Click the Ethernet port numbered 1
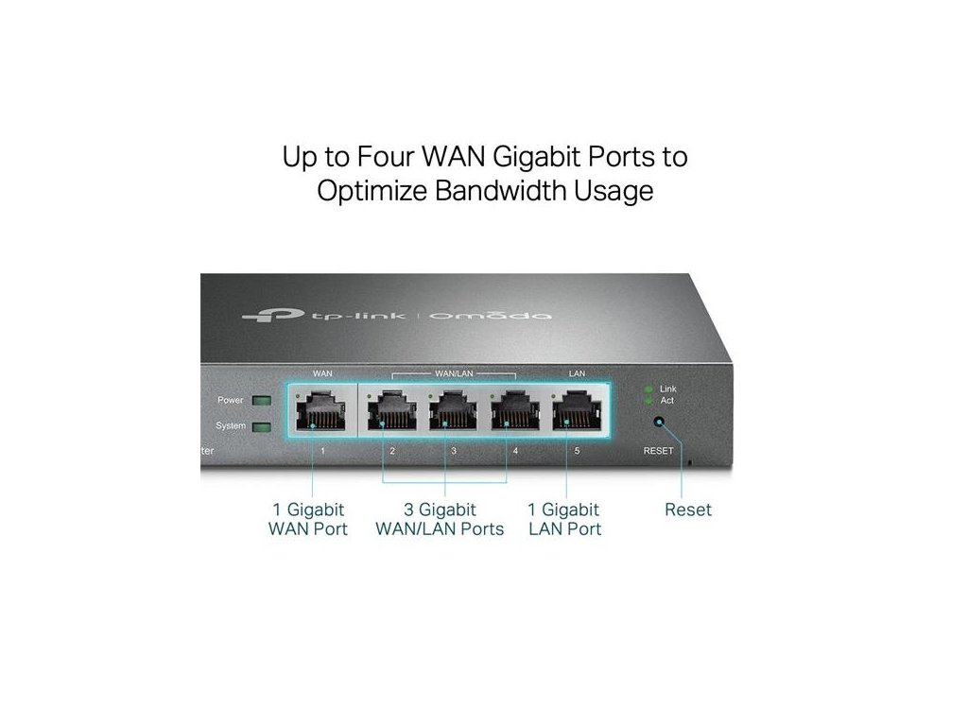pyautogui.click(x=321, y=412)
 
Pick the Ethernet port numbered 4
pyautogui.click(x=511, y=412)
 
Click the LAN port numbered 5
pyautogui.click(x=576, y=412)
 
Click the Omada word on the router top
pyautogui.click(x=491, y=315)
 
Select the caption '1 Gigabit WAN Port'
pyautogui.click(x=308, y=519)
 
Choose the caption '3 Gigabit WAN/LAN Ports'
pyautogui.click(x=440, y=519)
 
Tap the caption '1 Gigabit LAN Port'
pyautogui.click(x=565, y=519)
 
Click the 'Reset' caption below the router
pyautogui.click(x=687, y=510)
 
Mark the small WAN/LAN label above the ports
pyautogui.click(x=454, y=373)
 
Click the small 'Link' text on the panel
pyautogui.click(x=668, y=389)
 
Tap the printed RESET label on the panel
pyautogui.click(x=659, y=451)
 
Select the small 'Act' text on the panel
pyautogui.click(x=666, y=401)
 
